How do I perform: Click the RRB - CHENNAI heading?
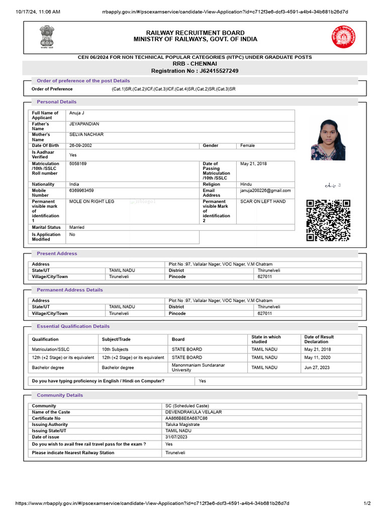pos(195,64)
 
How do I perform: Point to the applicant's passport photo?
pos(328,139)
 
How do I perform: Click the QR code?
pos(328,220)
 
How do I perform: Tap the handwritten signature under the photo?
pos(333,186)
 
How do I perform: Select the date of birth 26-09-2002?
pos(80,145)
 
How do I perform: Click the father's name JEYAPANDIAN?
pos(84,124)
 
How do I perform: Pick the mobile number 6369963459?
pos(81,191)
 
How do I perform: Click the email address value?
pos(265,191)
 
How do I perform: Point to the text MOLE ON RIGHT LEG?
pos(91,201)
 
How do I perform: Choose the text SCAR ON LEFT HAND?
pos(263,201)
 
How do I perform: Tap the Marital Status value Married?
pos(77,227)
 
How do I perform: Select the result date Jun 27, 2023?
pos(317,367)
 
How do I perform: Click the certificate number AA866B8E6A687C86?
pos(186,418)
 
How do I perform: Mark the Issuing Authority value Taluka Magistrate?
pos(182,424)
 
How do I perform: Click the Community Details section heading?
pos(60,395)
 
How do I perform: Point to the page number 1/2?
pos(367,503)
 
